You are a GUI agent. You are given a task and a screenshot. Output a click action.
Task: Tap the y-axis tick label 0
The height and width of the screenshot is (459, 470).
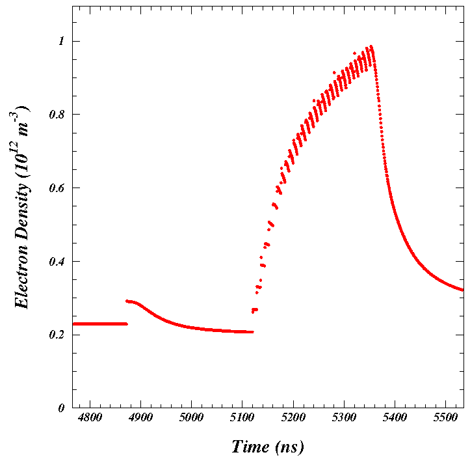coord(62,408)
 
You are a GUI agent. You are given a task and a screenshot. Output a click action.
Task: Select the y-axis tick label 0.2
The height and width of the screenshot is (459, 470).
coord(57,335)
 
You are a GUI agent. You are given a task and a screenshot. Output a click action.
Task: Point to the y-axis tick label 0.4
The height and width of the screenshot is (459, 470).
coord(57,261)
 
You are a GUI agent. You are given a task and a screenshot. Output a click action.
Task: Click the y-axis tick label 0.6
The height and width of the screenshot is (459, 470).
coord(57,188)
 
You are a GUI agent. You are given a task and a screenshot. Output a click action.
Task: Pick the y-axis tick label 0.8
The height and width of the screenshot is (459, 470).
coord(57,115)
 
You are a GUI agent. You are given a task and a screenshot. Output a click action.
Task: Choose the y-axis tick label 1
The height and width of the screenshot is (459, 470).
coord(62,41)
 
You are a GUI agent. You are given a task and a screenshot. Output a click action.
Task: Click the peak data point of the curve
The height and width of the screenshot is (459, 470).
coord(371,47)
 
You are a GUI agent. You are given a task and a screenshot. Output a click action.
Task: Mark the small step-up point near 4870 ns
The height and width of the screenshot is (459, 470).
coord(127,301)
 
